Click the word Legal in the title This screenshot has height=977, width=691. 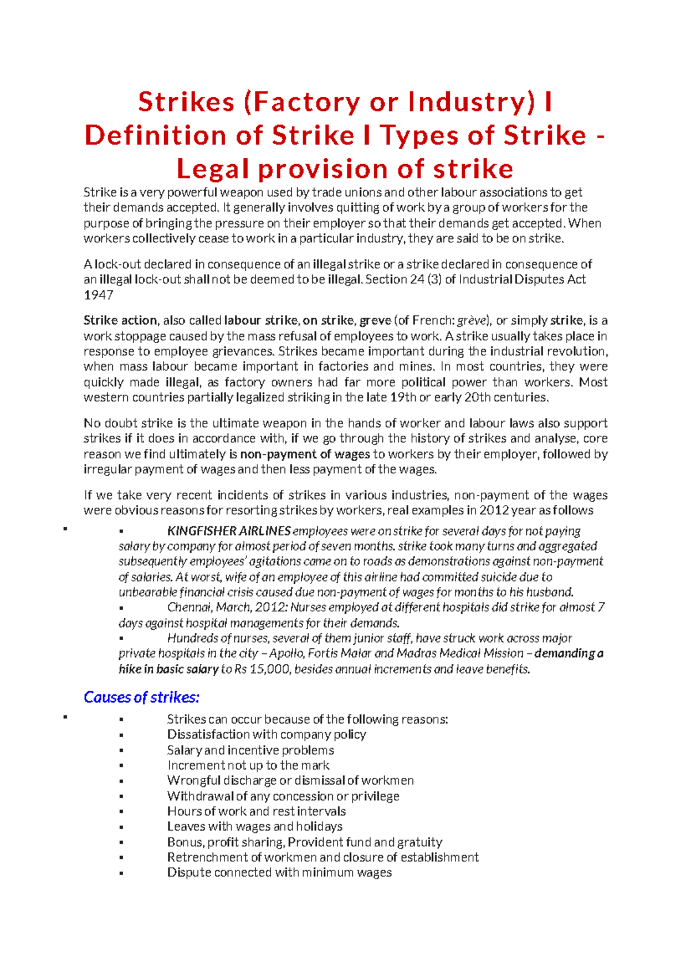(x=212, y=169)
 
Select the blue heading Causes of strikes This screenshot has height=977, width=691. (x=142, y=698)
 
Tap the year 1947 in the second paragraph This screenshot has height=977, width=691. (x=98, y=295)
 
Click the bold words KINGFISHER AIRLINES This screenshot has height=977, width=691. (x=229, y=531)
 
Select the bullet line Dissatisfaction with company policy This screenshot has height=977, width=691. (x=266, y=735)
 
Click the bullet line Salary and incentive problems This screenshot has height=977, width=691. (x=250, y=750)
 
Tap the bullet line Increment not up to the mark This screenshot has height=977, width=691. (x=248, y=765)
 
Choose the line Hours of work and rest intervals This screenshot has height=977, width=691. (x=256, y=811)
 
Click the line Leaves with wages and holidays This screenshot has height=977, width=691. (x=255, y=827)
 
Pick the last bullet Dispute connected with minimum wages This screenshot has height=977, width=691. (x=279, y=873)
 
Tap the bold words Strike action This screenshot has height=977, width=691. (x=120, y=321)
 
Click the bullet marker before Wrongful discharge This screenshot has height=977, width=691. (x=121, y=781)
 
